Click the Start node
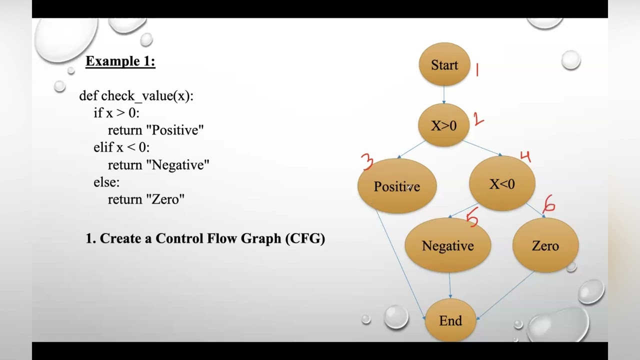tap(444, 65)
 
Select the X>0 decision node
tap(444, 125)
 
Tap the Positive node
tap(397, 186)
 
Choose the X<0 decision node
tap(502, 184)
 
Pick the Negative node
tap(447, 245)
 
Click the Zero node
tap(545, 245)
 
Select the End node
tap(450, 320)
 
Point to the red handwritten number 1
tap(477, 70)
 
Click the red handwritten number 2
tap(478, 119)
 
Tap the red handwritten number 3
tap(367, 162)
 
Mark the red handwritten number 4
tap(525, 157)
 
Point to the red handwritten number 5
tap(472, 218)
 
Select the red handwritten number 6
tap(549, 203)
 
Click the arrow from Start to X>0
tap(443, 95)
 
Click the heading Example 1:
tap(120, 61)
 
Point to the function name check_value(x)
tap(147, 96)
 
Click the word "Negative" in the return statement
tap(177, 165)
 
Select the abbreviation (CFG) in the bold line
tap(305, 238)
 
